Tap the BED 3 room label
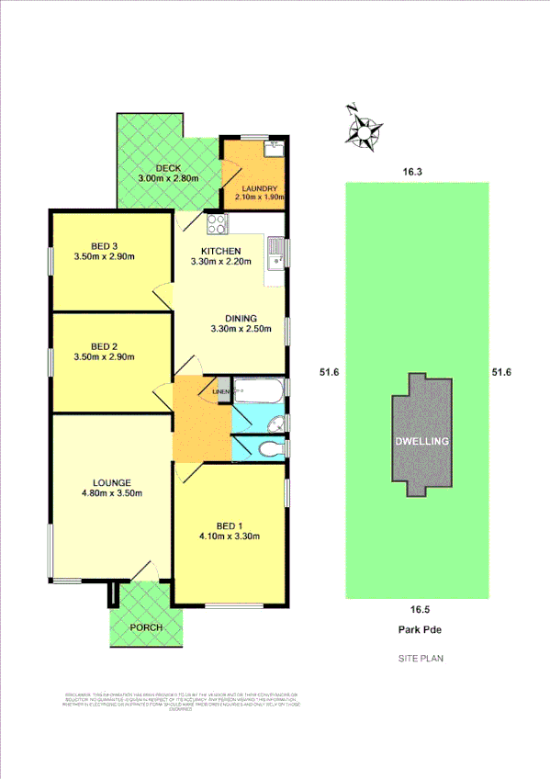coord(104,245)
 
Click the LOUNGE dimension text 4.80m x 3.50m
coord(111,493)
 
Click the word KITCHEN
coord(221,251)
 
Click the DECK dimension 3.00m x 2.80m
coord(169,178)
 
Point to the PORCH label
coord(145,627)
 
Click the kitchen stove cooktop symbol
coord(217,222)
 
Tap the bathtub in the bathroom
coord(259,392)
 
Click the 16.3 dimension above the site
coord(410,171)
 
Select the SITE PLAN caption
coord(421,659)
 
